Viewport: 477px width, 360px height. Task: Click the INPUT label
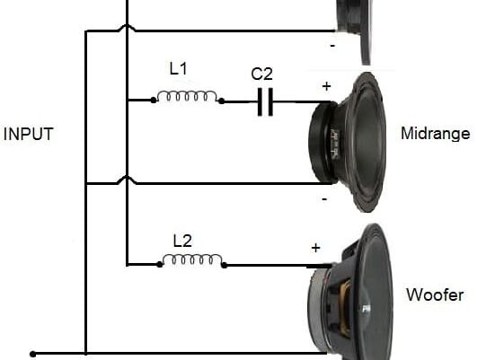click(28, 134)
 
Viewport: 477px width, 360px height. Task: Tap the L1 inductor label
click(178, 69)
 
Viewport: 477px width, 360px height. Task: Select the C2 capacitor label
click(262, 74)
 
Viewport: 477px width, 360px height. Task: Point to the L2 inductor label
click(182, 241)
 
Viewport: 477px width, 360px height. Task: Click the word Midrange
click(436, 134)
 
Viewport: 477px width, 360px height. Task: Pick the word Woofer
click(435, 295)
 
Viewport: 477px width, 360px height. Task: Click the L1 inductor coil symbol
click(188, 97)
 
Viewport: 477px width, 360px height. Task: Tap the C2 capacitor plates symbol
click(265, 101)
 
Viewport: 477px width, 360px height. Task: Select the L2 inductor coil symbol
click(192, 260)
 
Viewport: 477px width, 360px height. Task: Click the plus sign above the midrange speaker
click(326, 87)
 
